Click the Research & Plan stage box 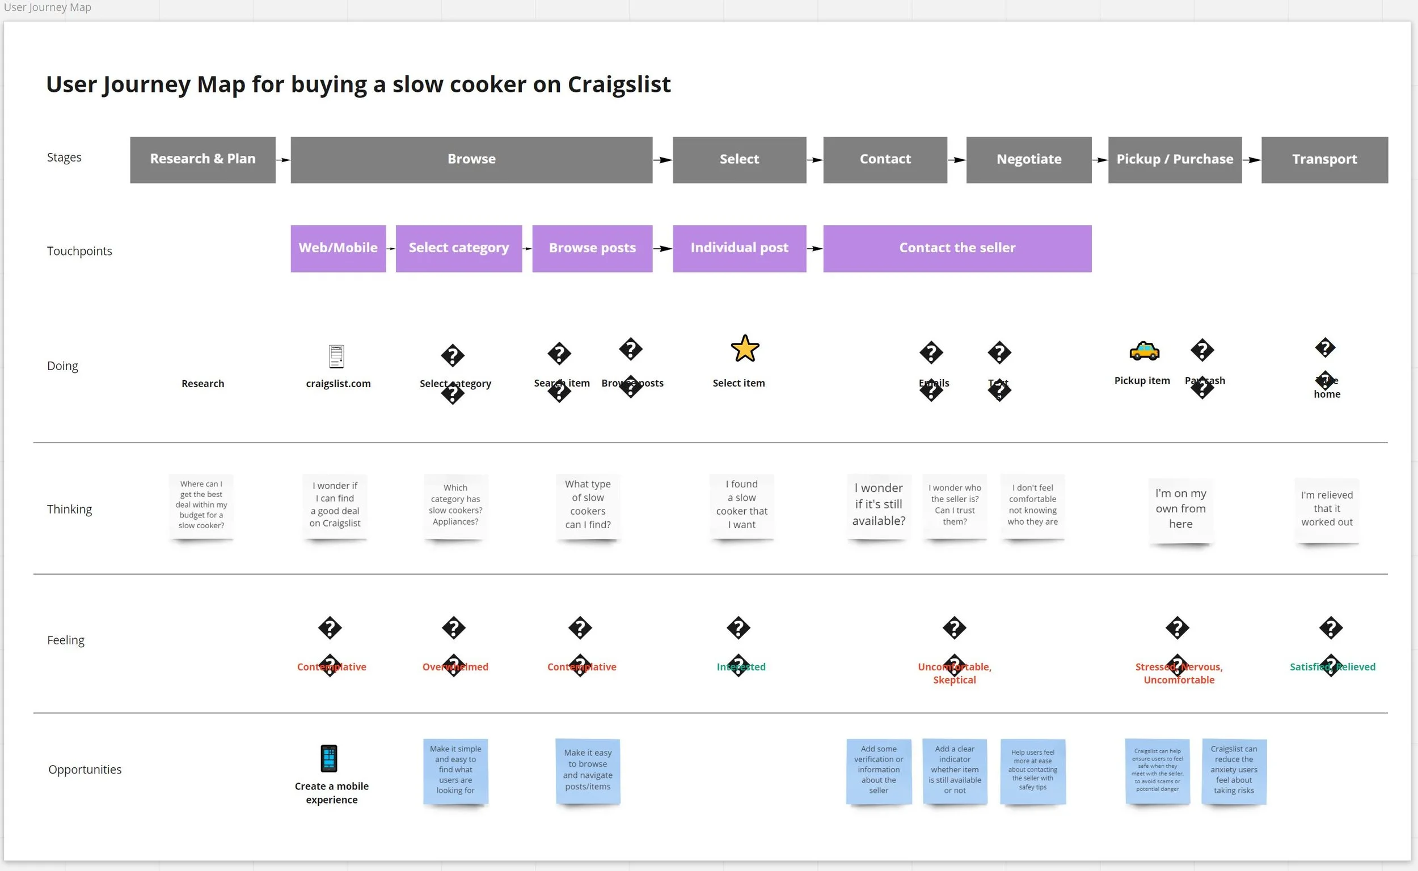pyautogui.click(x=202, y=160)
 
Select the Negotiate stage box pyautogui.click(x=1028, y=160)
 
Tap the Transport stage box pyautogui.click(x=1324, y=160)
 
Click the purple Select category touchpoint pyautogui.click(x=458, y=248)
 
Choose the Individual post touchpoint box pyautogui.click(x=739, y=248)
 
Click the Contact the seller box pyautogui.click(x=957, y=248)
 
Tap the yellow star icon pyautogui.click(x=745, y=349)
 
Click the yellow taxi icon pyautogui.click(x=1144, y=351)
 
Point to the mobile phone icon pyautogui.click(x=328, y=758)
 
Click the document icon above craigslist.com pyautogui.click(x=336, y=356)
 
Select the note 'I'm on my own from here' pyautogui.click(x=1180, y=509)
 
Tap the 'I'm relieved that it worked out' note pyautogui.click(x=1326, y=509)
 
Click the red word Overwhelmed pyautogui.click(x=455, y=667)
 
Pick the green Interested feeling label pyautogui.click(x=741, y=667)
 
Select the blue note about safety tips pyautogui.click(x=1032, y=771)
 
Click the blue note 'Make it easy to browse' pyautogui.click(x=588, y=770)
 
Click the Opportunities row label pyautogui.click(x=85, y=770)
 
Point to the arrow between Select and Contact pyautogui.click(x=814, y=160)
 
